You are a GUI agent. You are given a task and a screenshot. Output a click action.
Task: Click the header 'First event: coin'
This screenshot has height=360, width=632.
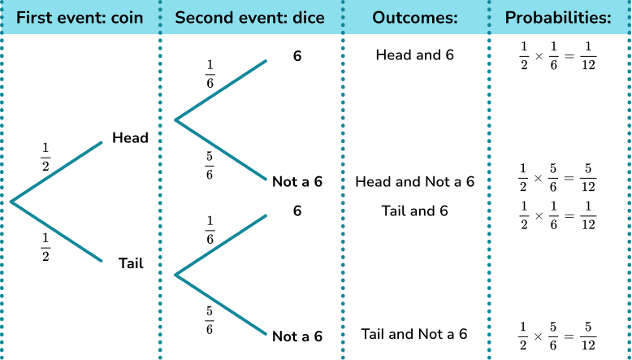coord(80,18)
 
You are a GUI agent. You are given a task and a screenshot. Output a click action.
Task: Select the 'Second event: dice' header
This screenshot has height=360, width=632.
coord(249,18)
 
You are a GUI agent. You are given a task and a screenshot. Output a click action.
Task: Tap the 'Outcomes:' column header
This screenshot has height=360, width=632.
coord(415,18)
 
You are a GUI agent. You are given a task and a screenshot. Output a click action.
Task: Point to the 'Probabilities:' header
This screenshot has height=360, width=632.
coord(558,18)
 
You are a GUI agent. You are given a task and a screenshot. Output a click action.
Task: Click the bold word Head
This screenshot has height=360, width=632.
coord(130,138)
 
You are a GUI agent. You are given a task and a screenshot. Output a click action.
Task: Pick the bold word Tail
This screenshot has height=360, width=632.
coord(131,263)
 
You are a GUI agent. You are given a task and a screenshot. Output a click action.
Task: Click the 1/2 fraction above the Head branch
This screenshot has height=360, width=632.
coord(45,157)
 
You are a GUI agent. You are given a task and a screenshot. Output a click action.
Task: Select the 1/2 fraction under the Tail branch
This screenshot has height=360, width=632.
coord(45,247)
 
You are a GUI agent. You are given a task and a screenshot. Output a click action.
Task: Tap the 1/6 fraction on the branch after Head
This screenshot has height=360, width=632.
coord(210,74)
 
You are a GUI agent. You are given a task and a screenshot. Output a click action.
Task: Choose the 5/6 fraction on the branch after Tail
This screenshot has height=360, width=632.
coord(210,320)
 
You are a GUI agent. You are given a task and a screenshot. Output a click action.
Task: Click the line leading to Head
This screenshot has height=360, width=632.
coord(56,171)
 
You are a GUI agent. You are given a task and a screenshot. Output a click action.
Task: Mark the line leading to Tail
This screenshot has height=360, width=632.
coord(56,232)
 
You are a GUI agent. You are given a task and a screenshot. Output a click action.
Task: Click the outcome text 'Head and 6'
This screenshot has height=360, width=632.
coord(415,54)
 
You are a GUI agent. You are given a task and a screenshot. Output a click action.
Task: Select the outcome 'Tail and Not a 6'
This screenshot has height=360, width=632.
coord(414,334)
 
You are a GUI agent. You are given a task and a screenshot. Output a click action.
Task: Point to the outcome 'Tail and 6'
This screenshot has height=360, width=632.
coord(415,210)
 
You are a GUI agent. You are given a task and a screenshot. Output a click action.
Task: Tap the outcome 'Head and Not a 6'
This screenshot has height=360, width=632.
coord(415,182)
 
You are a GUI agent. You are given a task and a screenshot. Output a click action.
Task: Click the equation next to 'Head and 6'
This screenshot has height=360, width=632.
coord(558,55)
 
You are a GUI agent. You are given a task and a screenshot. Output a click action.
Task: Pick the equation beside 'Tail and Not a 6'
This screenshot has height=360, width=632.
coord(558,336)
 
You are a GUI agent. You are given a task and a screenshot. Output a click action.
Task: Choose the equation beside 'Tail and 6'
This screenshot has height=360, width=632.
coord(558,215)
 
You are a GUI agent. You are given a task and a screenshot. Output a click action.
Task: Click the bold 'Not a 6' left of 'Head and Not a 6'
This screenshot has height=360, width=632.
coord(297,182)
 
